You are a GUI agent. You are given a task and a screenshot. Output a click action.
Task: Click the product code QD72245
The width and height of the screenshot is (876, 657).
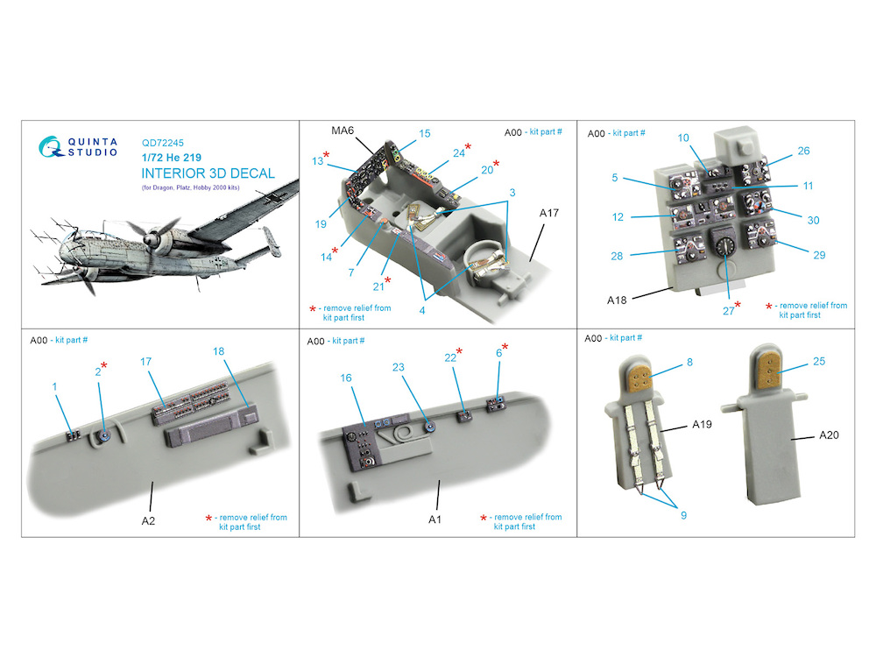[163, 143]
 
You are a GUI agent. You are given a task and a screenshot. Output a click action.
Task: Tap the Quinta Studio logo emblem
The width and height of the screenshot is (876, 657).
[51, 147]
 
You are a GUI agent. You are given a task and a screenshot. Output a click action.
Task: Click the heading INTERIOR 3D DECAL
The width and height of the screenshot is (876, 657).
[208, 173]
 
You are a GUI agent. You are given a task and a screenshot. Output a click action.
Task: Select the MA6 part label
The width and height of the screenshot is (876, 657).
[343, 131]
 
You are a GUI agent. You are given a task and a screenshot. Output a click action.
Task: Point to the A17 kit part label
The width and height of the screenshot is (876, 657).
[548, 213]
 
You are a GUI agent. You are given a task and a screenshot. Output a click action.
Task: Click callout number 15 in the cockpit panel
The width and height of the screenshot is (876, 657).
[425, 133]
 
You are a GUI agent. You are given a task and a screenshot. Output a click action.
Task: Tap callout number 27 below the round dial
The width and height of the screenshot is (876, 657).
[729, 311]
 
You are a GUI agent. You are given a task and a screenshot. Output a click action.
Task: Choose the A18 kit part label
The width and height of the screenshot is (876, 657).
[617, 300]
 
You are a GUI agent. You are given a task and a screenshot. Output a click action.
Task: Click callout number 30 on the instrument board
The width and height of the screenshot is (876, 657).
[814, 220]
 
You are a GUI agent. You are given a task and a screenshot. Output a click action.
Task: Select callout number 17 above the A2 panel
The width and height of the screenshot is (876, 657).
[145, 362]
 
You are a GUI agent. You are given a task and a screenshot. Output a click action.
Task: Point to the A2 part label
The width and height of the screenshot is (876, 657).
[148, 520]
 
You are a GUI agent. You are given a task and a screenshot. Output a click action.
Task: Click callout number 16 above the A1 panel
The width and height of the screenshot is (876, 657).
[346, 378]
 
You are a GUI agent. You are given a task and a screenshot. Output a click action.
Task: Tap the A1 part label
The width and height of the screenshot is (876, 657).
[434, 519]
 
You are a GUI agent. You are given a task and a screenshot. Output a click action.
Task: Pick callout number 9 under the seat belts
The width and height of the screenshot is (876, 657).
[683, 515]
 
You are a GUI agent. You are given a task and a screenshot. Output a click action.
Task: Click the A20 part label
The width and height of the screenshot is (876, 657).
[829, 434]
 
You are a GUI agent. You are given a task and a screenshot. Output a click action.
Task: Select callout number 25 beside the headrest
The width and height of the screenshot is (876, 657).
[819, 361]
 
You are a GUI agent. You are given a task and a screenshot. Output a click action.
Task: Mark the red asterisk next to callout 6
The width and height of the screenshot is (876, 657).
[505, 347]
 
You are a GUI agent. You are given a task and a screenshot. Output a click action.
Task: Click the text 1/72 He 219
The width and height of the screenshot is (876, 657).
[172, 158]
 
